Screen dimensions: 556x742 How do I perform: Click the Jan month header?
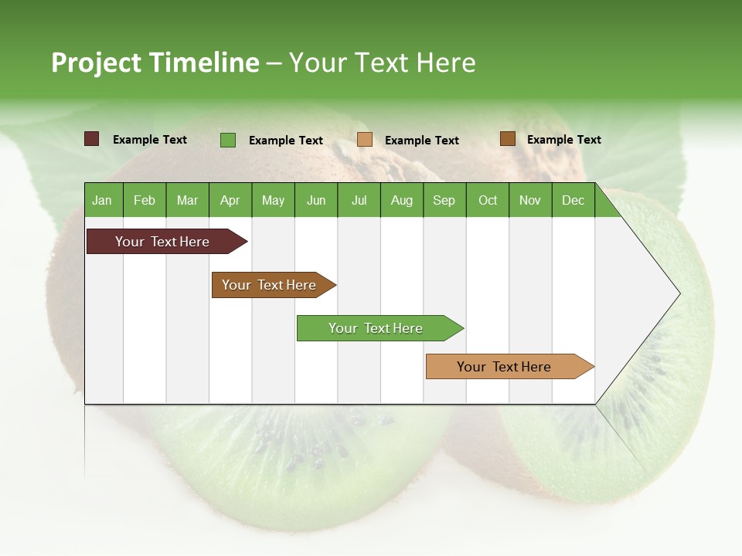tap(102, 200)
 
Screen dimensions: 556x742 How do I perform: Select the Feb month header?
tap(145, 200)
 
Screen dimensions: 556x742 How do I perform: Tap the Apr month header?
tap(230, 200)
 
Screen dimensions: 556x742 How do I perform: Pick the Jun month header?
tap(316, 200)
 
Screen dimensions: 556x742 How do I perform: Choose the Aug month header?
tap(401, 200)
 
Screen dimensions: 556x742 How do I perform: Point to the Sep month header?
tap(444, 200)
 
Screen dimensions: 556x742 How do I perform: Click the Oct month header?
tap(488, 200)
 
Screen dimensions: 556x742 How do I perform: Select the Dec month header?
tap(573, 200)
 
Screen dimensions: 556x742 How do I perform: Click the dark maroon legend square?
tap(91, 139)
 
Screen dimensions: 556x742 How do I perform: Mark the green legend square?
tap(228, 140)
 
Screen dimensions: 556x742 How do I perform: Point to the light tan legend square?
tap(365, 140)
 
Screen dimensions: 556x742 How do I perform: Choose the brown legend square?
tap(507, 139)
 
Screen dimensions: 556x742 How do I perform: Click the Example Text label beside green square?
tap(285, 141)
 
